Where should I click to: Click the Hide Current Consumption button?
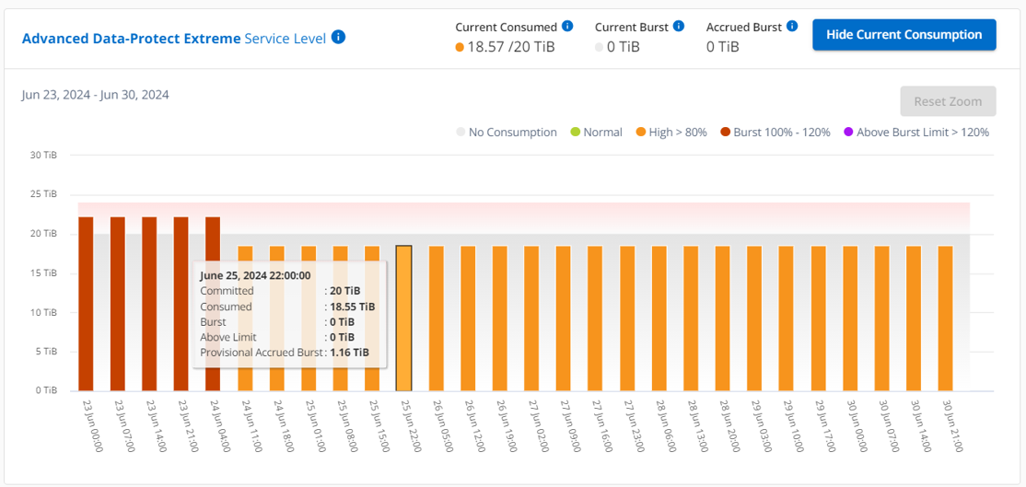coord(904,35)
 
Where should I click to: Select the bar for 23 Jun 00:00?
coord(86,304)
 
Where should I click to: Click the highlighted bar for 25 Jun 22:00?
coord(404,318)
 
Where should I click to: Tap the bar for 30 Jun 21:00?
coord(945,318)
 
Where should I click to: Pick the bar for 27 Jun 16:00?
coord(595,318)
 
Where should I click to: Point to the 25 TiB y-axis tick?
coord(44,194)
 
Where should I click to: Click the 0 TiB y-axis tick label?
coord(46,390)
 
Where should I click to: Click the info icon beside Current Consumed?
coord(567,26)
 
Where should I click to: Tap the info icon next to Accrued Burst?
coord(792,26)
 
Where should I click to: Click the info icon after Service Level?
coord(338,38)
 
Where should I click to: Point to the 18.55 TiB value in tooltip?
coord(352,307)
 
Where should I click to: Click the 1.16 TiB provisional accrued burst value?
coord(349,353)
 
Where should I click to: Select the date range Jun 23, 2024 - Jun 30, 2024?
coord(96,95)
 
